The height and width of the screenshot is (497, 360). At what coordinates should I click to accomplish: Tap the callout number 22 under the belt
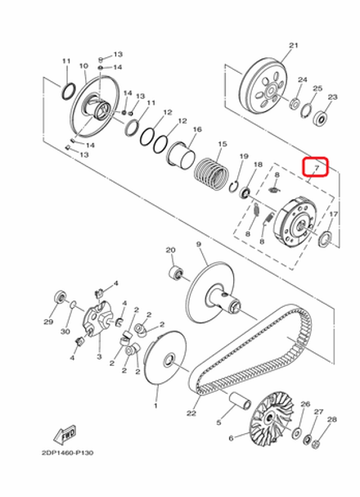(191, 413)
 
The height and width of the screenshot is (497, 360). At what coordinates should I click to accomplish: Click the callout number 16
(196, 129)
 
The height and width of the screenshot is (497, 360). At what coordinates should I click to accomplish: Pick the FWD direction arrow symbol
(64, 432)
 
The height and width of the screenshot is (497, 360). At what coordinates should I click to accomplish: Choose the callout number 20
(171, 251)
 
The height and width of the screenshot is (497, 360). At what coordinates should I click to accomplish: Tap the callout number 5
(219, 423)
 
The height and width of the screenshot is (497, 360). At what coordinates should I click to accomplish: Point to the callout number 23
(332, 97)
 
